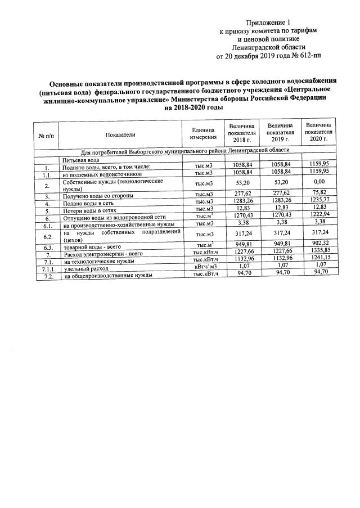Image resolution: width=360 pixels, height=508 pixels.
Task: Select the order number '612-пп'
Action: pyautogui.click(x=308, y=56)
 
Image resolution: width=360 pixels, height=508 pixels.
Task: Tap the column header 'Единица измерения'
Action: pyautogui.click(x=203, y=134)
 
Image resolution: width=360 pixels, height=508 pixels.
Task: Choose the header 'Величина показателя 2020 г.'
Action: pyautogui.click(x=318, y=132)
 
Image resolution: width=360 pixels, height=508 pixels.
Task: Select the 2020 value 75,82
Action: pyautogui.click(x=319, y=195)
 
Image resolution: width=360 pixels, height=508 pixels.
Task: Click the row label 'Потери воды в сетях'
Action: pyautogui.click(x=89, y=210)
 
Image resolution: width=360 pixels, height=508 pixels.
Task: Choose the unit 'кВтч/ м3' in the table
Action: pyautogui.click(x=205, y=266)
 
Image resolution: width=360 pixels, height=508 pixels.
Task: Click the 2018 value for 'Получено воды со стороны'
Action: pyautogui.click(x=243, y=193)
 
